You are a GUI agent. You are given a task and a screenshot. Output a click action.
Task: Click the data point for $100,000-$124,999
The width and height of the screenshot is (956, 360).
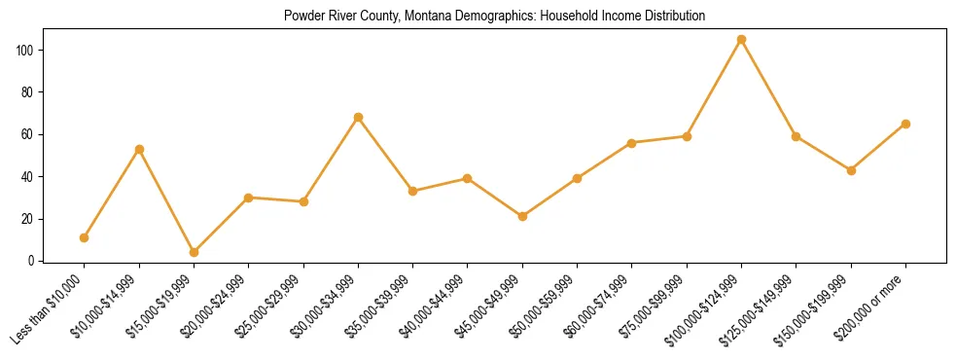[741, 40]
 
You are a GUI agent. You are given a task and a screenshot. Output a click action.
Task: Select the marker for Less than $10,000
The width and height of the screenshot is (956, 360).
[85, 237]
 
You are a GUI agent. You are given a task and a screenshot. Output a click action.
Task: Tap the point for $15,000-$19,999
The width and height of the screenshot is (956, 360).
[194, 252]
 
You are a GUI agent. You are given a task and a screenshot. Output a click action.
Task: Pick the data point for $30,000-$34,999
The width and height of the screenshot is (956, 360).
[358, 118]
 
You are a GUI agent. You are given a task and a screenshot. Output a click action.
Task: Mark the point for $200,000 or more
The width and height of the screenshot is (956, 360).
[905, 124]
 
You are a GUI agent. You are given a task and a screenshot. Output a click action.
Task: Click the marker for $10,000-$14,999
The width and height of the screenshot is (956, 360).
[139, 149]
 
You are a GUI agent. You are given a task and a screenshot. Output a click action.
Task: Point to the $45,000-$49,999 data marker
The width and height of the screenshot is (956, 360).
[522, 216]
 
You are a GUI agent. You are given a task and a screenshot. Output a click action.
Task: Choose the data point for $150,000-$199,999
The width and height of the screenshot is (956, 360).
[851, 170]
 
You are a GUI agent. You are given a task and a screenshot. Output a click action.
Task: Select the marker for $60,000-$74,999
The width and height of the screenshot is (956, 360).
[632, 143]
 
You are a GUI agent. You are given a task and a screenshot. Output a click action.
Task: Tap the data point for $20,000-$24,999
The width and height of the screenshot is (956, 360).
[249, 198]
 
